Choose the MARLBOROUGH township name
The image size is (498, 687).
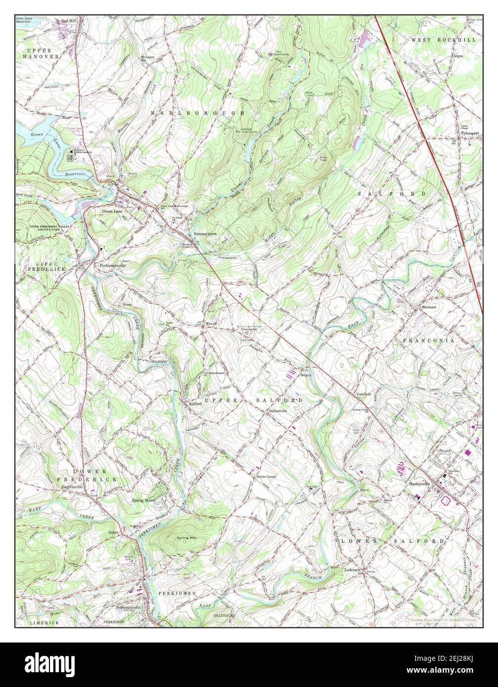pos(198,113)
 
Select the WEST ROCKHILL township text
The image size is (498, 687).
pos(443,40)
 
